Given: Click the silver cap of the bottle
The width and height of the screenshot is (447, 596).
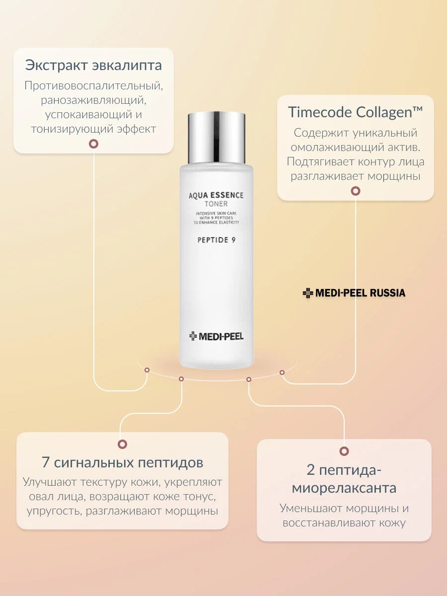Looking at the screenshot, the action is [x=217, y=138].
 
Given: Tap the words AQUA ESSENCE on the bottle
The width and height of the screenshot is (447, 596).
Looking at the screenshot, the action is [x=216, y=196].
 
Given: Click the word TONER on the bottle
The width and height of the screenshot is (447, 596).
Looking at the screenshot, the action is [x=216, y=204].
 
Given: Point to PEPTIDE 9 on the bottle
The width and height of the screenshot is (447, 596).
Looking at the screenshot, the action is [x=217, y=240].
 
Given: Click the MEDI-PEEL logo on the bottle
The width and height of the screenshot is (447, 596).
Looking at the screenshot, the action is [x=217, y=336].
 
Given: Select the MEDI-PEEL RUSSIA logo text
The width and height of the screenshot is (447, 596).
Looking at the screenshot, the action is [x=354, y=293].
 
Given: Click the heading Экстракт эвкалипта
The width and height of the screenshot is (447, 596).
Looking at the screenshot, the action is [x=94, y=66].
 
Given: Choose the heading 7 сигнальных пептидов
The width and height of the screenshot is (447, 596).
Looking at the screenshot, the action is [x=122, y=463].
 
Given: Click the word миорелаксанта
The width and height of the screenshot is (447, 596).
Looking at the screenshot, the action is [x=344, y=488].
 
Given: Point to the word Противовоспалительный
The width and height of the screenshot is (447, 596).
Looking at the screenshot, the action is [x=94, y=86].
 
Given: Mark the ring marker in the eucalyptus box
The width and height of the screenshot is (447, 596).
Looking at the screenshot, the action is [x=94, y=144].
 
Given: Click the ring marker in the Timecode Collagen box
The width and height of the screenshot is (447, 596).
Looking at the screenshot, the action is [x=356, y=191].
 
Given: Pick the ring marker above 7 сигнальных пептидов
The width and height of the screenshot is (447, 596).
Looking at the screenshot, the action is [x=122, y=444].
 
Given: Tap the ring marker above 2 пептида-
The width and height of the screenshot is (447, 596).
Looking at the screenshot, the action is [x=344, y=451].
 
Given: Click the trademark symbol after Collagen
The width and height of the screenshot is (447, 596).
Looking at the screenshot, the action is [x=418, y=109].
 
